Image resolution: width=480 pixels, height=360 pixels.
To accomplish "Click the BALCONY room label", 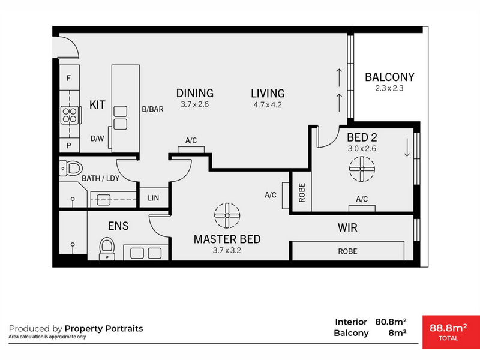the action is point(389,77).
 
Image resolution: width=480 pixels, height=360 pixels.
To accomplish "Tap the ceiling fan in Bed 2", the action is point(362,169).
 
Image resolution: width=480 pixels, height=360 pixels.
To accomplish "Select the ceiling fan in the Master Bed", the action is point(227,215).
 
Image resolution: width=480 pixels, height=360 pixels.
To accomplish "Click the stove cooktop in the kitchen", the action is point(70,115).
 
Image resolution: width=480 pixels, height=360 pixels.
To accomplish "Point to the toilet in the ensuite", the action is point(107,248).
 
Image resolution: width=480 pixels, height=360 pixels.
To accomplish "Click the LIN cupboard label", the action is point(154,198).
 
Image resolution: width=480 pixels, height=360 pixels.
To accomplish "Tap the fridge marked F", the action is point(70,77).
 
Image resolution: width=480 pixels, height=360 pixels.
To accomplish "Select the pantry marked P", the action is point(70,145).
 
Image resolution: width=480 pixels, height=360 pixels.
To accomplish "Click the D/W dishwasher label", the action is point(97,139).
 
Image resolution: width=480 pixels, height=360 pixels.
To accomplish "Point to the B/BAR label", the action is point(153,109).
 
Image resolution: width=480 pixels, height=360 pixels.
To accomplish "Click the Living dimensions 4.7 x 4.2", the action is point(268,105).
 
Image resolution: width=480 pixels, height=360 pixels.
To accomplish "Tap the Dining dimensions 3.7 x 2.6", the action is point(194,104).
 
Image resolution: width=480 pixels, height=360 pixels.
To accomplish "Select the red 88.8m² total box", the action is point(451,332).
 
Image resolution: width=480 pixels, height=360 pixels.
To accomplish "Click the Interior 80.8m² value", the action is point(391,322).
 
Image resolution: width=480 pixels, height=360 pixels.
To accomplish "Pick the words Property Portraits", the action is point(104,328).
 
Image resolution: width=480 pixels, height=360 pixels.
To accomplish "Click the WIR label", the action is point(347,228).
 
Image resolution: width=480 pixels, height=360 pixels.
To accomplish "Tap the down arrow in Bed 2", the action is point(407,148).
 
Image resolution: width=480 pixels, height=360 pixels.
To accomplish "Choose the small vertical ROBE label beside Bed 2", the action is point(302,193).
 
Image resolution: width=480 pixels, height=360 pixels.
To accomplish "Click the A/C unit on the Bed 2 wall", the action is point(362,208).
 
